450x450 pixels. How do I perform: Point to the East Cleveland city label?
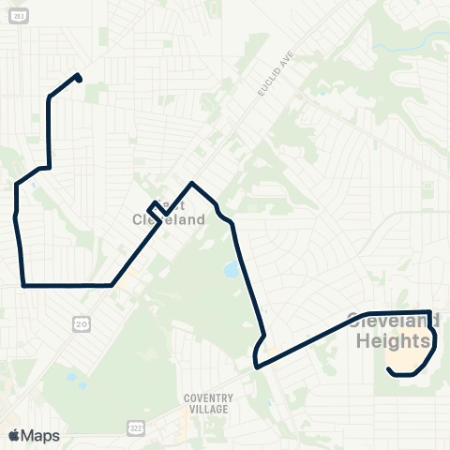point(169,213)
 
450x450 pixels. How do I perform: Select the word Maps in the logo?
point(40,436)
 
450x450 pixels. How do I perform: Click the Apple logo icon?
point(13,435)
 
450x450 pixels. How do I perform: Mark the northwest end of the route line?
point(79,77)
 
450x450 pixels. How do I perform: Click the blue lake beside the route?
point(230,271)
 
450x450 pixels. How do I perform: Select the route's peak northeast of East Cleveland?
point(192,184)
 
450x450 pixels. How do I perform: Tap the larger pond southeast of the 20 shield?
point(69,377)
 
